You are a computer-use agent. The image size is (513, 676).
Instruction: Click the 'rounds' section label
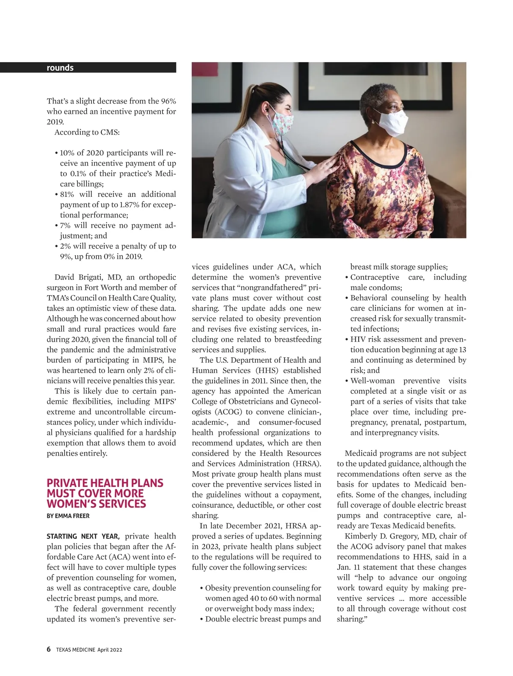pyautogui.click(x=60, y=68)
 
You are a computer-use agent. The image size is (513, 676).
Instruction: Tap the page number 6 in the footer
pyautogui.click(x=49, y=649)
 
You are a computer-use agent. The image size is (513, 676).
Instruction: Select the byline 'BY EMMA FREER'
pyautogui.click(x=68, y=516)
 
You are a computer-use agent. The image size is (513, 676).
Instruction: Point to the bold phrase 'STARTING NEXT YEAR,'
pyautogui.click(x=83, y=536)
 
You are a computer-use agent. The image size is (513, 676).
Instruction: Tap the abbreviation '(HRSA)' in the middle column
pyautogui.click(x=306, y=463)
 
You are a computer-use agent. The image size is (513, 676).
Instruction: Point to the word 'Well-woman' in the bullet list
pyautogui.click(x=372, y=381)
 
